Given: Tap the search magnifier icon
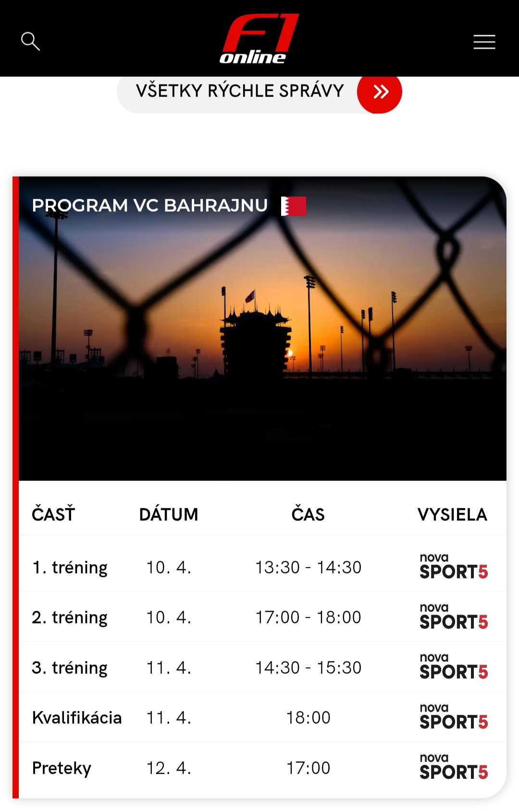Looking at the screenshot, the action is pos(30,41).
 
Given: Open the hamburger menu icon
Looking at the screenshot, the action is pos(484,42).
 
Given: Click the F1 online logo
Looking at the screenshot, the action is pos(259,39).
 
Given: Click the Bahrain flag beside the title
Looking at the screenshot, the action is pos(294,206).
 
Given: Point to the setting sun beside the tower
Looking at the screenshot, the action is pos(289,353).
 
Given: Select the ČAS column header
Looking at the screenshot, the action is pos(308,514).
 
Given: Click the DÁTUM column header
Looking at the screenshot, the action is pos(169,514).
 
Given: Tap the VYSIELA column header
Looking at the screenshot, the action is pos(452,514).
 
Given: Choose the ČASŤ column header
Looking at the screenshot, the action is pos(53,514).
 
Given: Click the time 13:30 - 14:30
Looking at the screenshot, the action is pos(309,567).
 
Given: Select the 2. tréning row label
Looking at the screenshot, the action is pos(70,618).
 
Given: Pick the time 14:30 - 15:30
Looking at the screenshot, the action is pos(309,668).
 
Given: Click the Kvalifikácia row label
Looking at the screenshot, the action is pos(77,717).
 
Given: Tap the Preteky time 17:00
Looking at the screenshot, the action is pos(309,768).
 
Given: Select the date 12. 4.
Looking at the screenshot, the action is pos(169,768).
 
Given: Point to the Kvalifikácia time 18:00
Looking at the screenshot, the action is pos(309,717).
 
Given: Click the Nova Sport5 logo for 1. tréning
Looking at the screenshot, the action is pos(454,566).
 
